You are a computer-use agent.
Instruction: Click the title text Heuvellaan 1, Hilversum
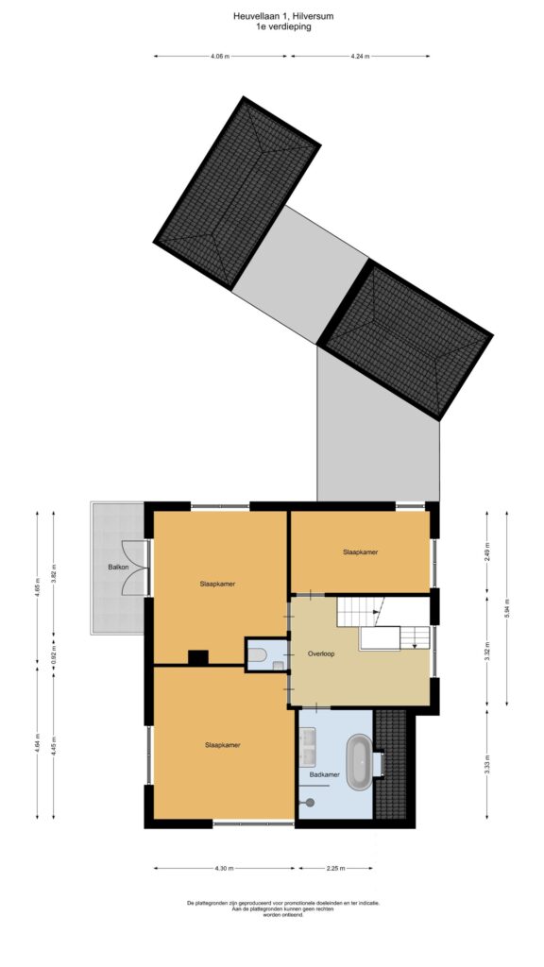pyautogui.click(x=283, y=17)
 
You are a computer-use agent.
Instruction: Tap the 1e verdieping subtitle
pyautogui.click(x=283, y=26)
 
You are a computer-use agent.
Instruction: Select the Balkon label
pyautogui.click(x=118, y=567)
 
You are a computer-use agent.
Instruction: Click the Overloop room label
pyautogui.click(x=321, y=653)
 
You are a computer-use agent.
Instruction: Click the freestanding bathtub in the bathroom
pyautogui.click(x=358, y=762)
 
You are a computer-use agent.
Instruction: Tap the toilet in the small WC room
pyautogui.click(x=259, y=654)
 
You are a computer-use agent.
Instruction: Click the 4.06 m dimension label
pyautogui.click(x=220, y=56)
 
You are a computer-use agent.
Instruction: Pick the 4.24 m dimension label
pyautogui.click(x=360, y=56)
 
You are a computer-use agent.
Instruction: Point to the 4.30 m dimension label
pyautogui.click(x=224, y=869)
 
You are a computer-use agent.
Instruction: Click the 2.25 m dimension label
pyautogui.click(x=335, y=869)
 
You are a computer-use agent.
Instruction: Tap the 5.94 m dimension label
pyautogui.click(x=507, y=608)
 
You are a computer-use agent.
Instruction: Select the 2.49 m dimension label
pyautogui.click(x=487, y=550)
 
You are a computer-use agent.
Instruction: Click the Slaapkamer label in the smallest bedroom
pyautogui.click(x=360, y=551)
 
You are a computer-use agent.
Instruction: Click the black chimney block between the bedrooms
pyautogui.click(x=198, y=657)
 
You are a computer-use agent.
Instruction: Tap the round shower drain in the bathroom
pyautogui.click(x=310, y=803)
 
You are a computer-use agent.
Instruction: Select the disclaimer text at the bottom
pyautogui.click(x=283, y=908)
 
